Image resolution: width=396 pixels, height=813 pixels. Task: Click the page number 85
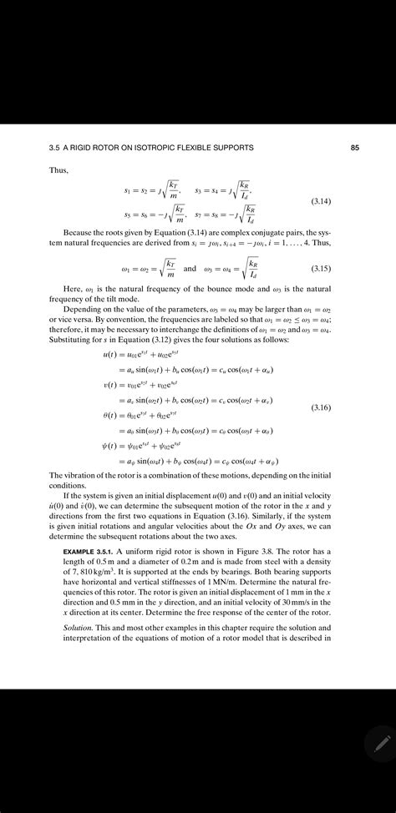point(355,149)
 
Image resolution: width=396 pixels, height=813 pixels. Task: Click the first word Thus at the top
point(48,171)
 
